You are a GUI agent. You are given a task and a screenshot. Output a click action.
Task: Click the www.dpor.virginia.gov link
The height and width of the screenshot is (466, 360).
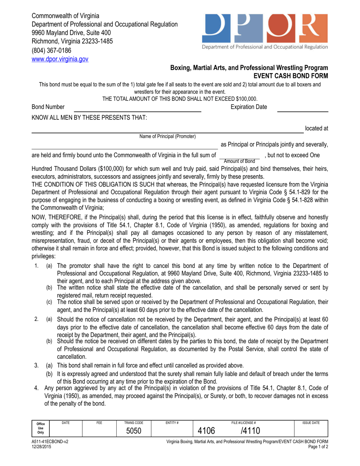coord(59,59)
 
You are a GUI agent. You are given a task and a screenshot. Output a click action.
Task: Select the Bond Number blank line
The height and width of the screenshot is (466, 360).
coord(135,111)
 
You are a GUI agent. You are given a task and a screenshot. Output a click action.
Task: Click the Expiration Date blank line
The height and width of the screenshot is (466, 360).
coord(303,111)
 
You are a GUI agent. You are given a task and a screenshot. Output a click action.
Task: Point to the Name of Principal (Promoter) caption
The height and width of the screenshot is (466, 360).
coord(168,136)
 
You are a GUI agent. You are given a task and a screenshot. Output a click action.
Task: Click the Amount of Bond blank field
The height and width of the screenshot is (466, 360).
coord(239,155)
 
